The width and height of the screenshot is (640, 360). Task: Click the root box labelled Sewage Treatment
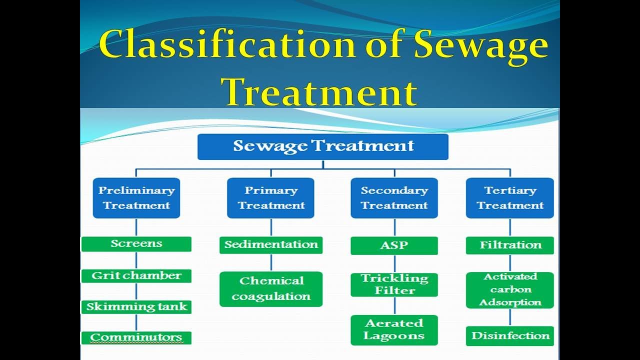pos(323,146)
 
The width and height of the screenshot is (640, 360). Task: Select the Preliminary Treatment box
pos(136,198)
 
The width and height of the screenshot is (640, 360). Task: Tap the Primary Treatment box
pos(270,198)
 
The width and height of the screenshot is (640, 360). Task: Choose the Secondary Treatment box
pos(394,198)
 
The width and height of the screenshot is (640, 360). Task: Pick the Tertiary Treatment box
pos(509,198)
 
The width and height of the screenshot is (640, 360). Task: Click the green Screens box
pos(136,244)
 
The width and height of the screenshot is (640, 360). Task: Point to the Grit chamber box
pos(136,275)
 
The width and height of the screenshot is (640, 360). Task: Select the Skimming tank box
pos(136,306)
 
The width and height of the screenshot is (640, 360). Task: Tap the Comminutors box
pos(136,337)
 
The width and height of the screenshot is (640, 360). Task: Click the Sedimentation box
pos(270,245)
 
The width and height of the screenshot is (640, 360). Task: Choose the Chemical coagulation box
pos(270,289)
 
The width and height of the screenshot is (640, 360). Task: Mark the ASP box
pos(394,245)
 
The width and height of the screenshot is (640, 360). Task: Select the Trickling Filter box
pos(394,284)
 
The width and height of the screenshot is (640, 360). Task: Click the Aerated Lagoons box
pos(394,330)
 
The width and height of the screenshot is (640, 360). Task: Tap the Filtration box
pos(509,245)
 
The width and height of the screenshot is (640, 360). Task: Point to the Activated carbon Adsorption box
pos(509,290)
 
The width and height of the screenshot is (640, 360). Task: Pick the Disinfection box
pos(509,335)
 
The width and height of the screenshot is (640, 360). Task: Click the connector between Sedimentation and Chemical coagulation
pos(271,262)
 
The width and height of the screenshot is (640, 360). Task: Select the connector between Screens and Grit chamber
pos(136,260)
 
